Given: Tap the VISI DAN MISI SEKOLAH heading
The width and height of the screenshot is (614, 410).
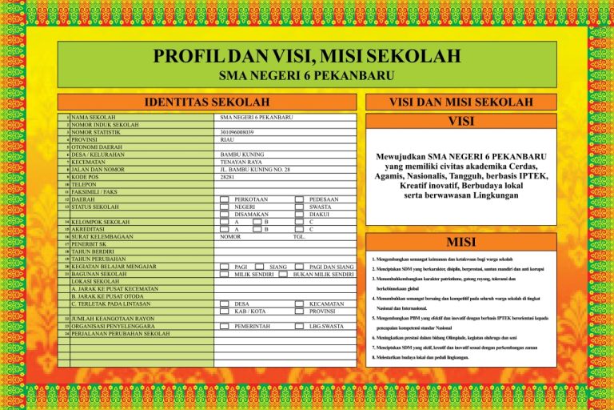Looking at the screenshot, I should [460, 102].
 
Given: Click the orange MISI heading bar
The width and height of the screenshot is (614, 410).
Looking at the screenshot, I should [460, 243].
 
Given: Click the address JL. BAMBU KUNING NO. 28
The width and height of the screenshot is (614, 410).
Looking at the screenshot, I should [254, 169].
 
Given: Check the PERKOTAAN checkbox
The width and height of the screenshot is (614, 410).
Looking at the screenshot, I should [225, 199].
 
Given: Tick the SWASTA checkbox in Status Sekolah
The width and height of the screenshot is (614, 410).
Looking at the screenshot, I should [299, 207].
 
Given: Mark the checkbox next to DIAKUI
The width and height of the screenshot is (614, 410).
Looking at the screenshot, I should [299, 214].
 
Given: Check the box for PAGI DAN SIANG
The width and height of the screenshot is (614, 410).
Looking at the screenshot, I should [299, 267].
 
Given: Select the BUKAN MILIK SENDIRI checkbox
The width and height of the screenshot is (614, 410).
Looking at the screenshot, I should [284, 274].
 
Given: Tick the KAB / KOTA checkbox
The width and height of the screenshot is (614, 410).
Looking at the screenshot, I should [225, 312].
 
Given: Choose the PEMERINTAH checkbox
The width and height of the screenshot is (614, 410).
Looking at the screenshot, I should [225, 327].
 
